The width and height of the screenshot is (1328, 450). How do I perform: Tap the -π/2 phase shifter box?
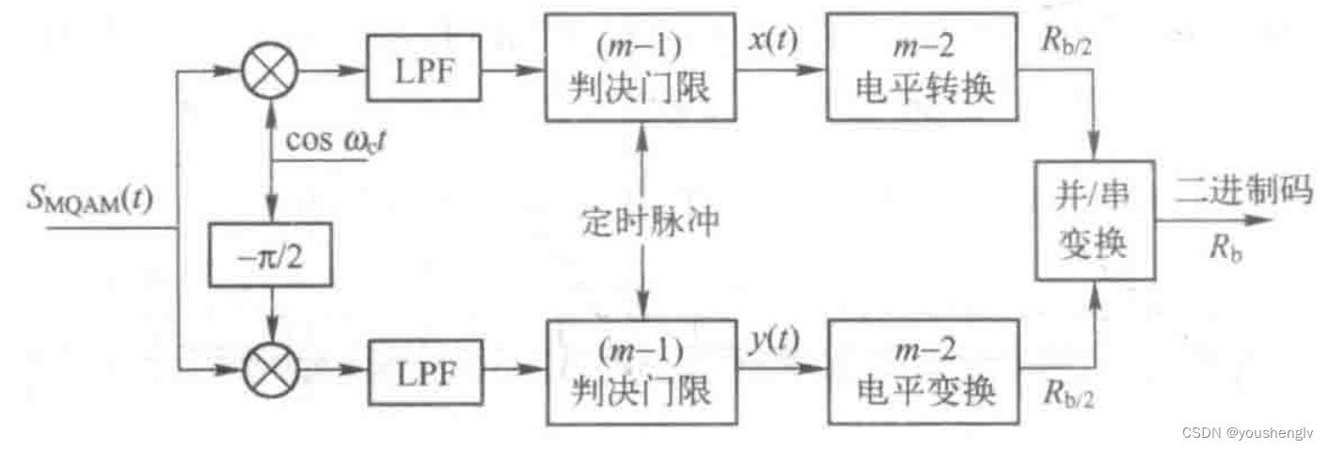tap(271, 255)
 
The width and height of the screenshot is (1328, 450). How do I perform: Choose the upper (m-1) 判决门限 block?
tap(639, 68)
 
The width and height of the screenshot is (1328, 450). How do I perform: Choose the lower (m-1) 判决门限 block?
tap(639, 373)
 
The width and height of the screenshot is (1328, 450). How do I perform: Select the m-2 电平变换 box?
tap(923, 373)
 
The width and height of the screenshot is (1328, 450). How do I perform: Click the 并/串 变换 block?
tap(1095, 219)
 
